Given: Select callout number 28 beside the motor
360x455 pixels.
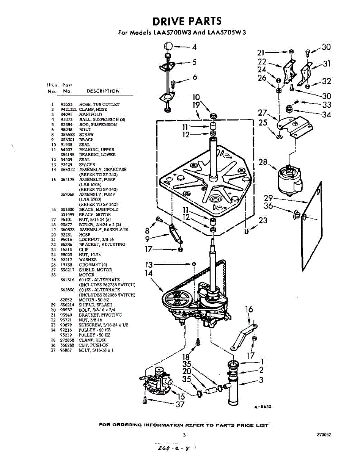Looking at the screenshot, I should (263, 162).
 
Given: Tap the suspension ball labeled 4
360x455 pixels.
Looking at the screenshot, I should (169, 47).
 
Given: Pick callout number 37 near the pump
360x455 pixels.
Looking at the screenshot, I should (180, 405).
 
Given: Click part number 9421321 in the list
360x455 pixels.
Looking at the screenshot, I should (68, 109).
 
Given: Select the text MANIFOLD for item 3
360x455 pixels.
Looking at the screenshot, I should (90, 114).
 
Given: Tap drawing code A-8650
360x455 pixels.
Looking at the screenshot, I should (263, 407).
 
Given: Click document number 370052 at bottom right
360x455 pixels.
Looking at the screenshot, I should (324, 435).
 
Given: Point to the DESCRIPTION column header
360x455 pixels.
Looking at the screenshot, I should (103, 91).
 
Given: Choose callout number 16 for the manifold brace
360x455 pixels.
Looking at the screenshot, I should (249, 309).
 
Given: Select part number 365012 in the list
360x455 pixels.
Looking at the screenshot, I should (67, 169).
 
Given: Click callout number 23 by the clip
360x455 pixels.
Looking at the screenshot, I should (263, 220).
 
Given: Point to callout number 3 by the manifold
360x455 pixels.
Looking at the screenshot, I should (261, 380).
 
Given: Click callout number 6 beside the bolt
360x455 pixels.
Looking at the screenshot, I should (195, 77).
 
